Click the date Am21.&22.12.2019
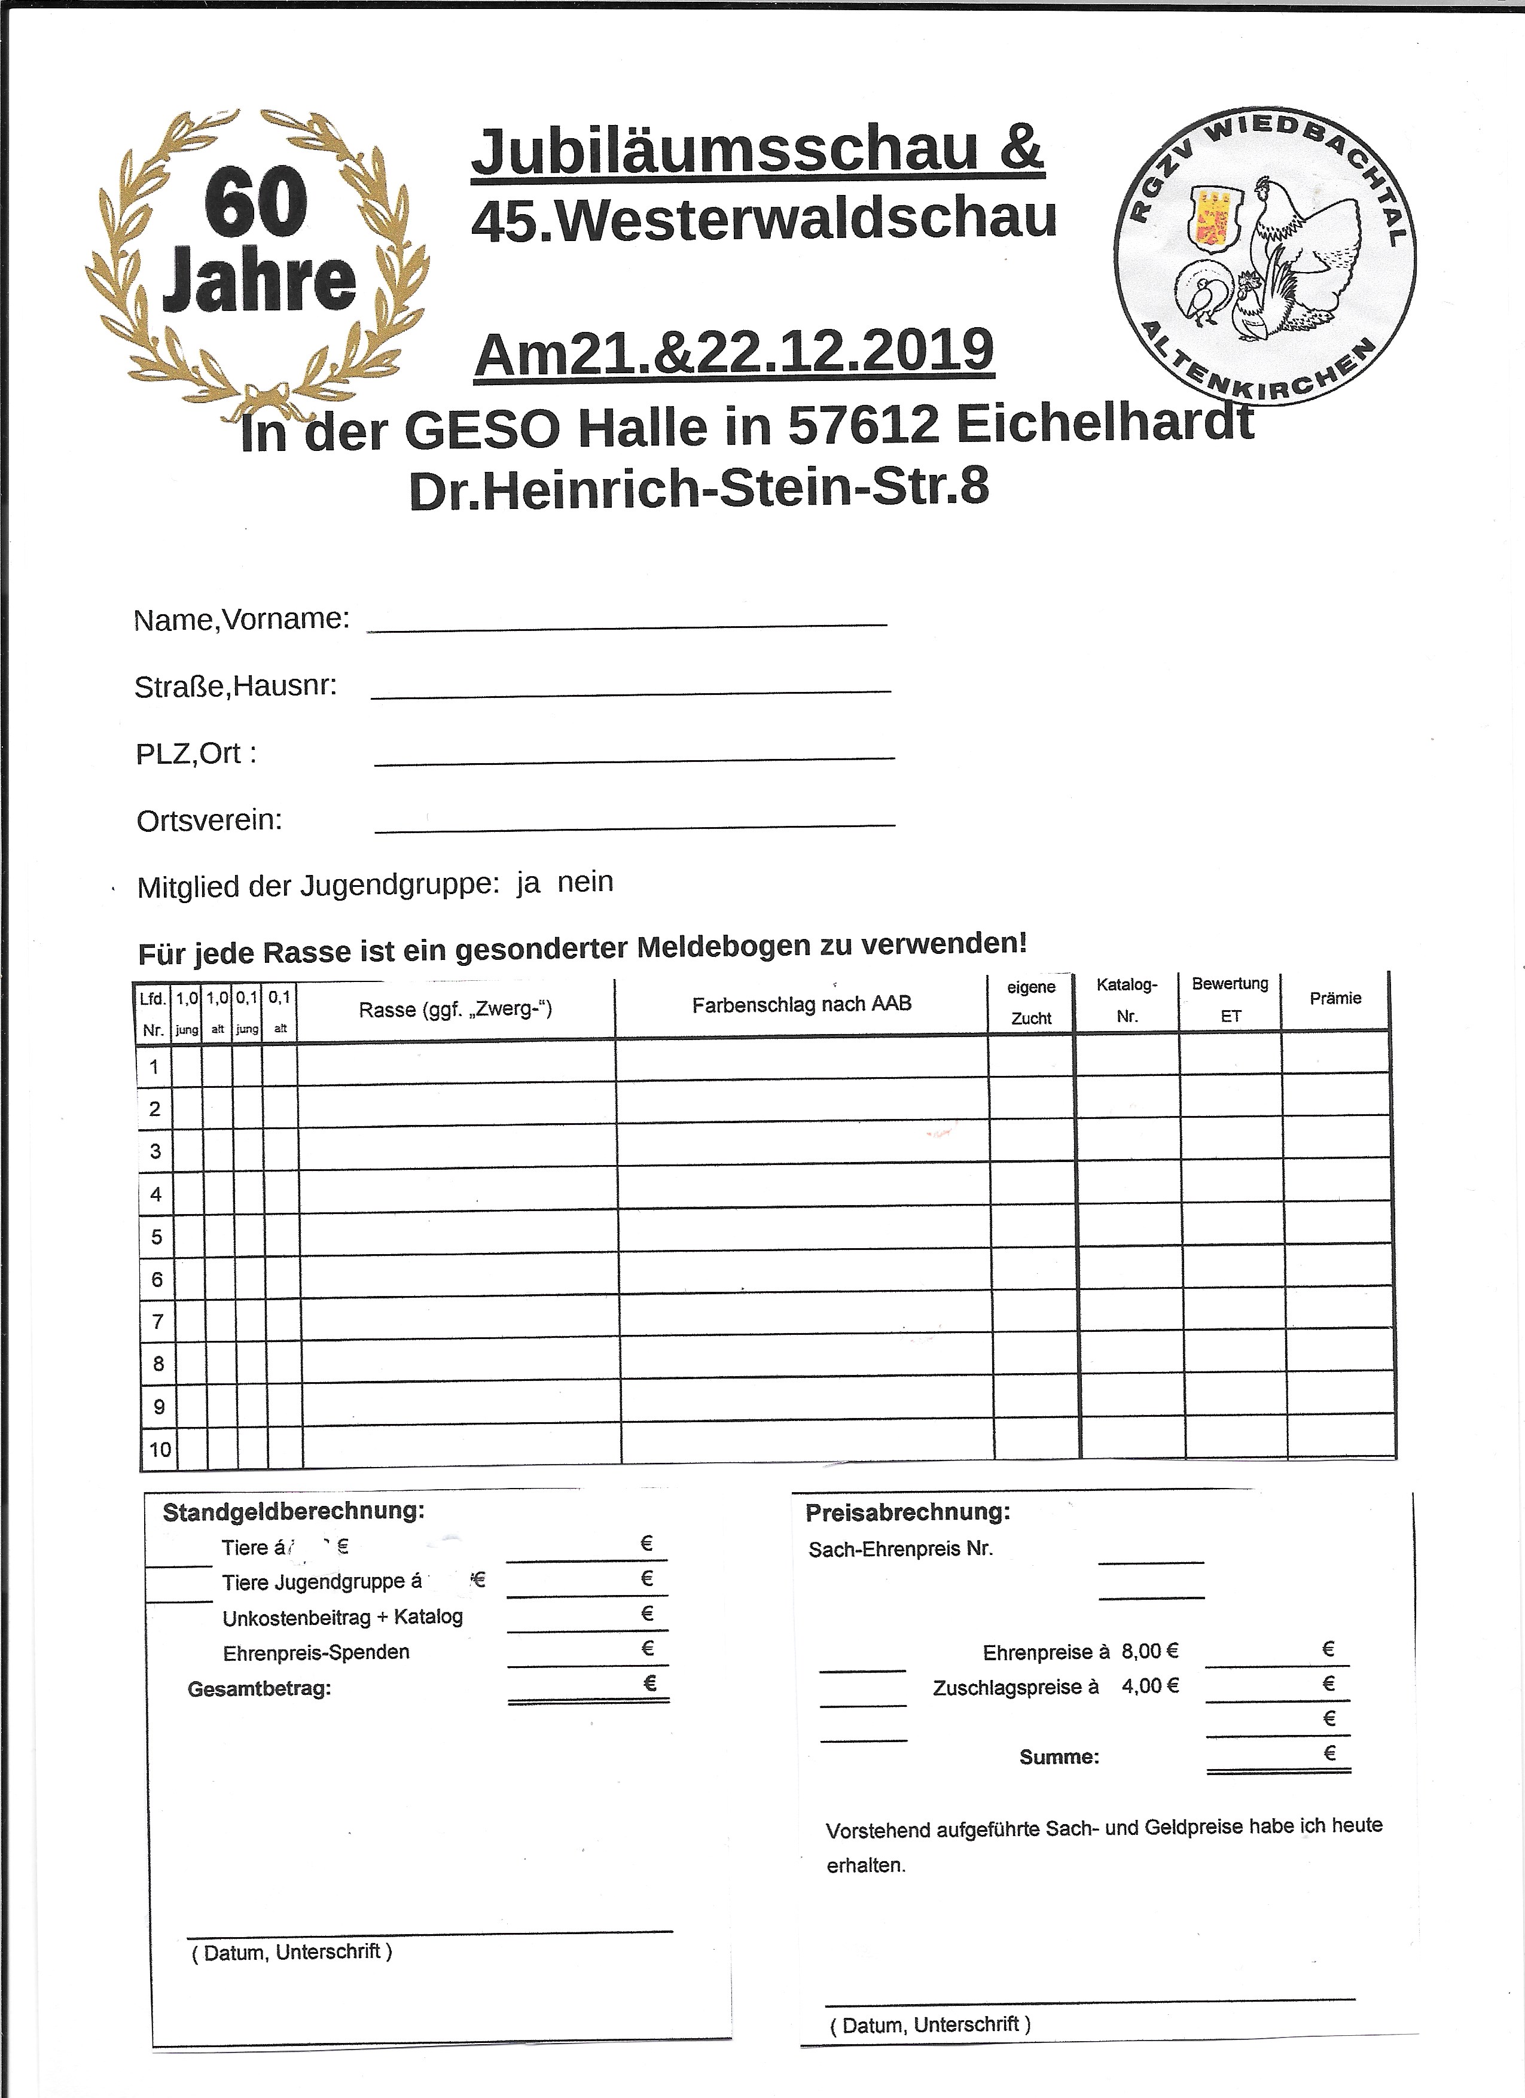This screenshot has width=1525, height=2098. [x=733, y=352]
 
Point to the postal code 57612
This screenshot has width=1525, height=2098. [x=865, y=426]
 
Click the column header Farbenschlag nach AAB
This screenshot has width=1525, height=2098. [x=801, y=1005]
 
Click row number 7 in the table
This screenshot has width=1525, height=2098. [x=157, y=1322]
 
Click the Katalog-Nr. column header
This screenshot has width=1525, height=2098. [x=1127, y=1000]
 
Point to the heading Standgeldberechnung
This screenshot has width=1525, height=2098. [x=293, y=1511]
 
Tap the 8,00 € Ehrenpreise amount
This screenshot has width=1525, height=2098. [x=1149, y=1651]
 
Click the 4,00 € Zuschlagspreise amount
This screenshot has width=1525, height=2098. [x=1149, y=1685]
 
